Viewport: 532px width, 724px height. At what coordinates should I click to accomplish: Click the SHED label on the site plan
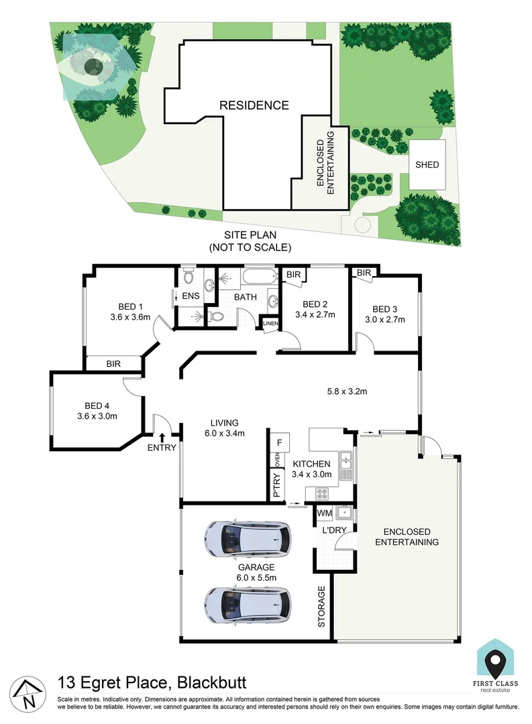[x=427, y=165]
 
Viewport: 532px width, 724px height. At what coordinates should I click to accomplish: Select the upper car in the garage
[x=248, y=538]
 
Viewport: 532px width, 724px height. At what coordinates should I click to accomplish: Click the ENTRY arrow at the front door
[x=162, y=438]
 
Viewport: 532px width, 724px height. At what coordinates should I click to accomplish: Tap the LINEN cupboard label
[x=270, y=324]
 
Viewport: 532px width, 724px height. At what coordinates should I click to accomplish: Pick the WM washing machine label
[x=324, y=514]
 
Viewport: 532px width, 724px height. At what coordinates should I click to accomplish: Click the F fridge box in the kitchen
[x=278, y=442]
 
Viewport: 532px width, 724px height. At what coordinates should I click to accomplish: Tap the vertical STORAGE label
[x=322, y=607]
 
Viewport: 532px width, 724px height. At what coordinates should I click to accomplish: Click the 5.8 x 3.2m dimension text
[x=346, y=391]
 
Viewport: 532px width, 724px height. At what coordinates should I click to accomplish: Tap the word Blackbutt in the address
[x=213, y=683]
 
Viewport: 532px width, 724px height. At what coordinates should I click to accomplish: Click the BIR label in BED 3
[x=364, y=273]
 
